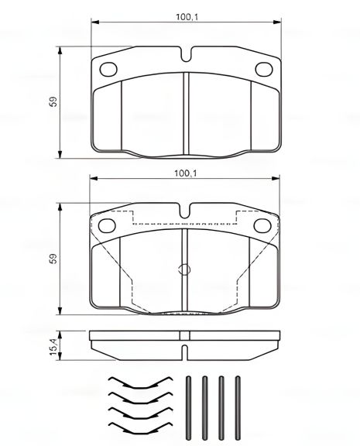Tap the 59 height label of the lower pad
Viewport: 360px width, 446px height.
point(52,260)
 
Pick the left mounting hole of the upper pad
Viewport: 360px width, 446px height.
point(108,67)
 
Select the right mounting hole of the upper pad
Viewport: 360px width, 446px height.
point(262,67)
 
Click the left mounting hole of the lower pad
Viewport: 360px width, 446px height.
point(108,225)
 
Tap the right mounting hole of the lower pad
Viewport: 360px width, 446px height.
point(262,225)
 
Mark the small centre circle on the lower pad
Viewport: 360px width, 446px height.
point(184,270)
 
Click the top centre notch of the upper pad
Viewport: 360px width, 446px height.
point(186,57)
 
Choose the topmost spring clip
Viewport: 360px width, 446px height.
point(139,382)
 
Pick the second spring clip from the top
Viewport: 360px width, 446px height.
point(139,396)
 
